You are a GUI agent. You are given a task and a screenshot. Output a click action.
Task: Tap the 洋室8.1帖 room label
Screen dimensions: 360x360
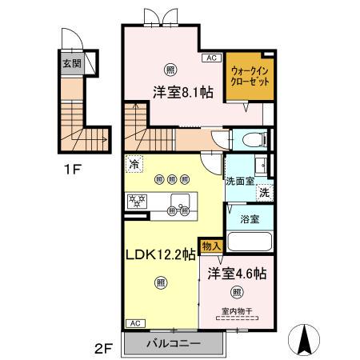[183, 93]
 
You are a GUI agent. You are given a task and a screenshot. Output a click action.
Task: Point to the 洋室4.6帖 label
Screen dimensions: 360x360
[237, 272]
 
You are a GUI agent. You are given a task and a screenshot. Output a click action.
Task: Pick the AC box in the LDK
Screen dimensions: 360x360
[134, 323]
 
